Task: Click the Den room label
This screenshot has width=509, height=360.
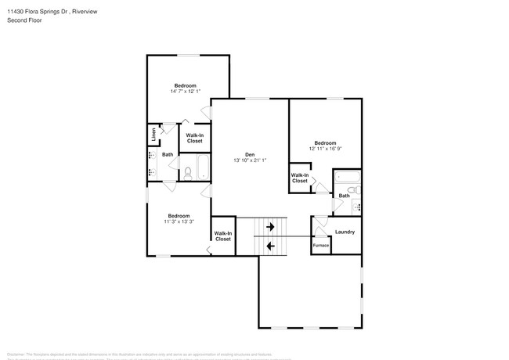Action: coord(250,153)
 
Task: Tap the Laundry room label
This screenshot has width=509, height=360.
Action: coord(345,232)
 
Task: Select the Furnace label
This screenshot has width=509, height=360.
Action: coord(321,246)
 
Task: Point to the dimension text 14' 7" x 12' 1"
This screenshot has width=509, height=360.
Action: coord(185,92)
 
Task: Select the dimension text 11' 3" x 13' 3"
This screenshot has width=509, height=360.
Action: coord(179,221)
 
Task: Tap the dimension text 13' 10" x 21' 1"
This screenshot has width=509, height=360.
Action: coord(250,160)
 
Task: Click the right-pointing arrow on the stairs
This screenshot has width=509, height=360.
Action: coord(269,227)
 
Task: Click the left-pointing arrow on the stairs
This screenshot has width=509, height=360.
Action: coord(269,246)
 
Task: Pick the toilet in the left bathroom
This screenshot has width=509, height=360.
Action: coord(187,172)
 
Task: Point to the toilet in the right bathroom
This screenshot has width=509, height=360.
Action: coord(353,190)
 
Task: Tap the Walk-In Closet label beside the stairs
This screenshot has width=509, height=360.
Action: coord(223,236)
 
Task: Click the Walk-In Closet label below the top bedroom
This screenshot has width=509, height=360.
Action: coord(194,138)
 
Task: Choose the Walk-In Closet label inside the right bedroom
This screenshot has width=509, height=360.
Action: coord(300,178)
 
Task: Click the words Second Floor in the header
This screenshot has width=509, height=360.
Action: coord(25,20)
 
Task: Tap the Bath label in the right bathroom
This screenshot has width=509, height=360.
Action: coord(344,196)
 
